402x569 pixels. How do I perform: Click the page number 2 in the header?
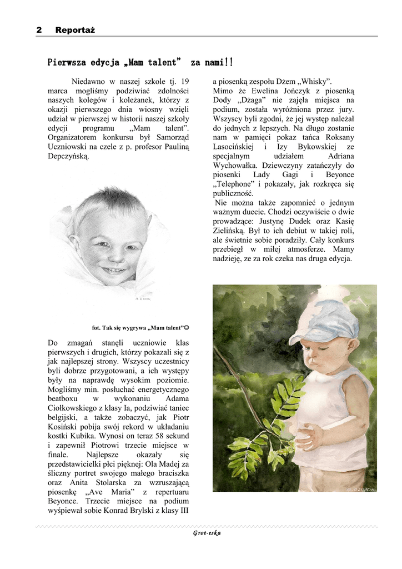pos(39,30)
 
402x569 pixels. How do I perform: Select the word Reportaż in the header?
pos(75,30)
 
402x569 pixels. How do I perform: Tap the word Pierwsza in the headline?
pos(66,62)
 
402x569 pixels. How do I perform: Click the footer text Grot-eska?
pos(207,533)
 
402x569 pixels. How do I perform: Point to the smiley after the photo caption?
pos(187,327)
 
